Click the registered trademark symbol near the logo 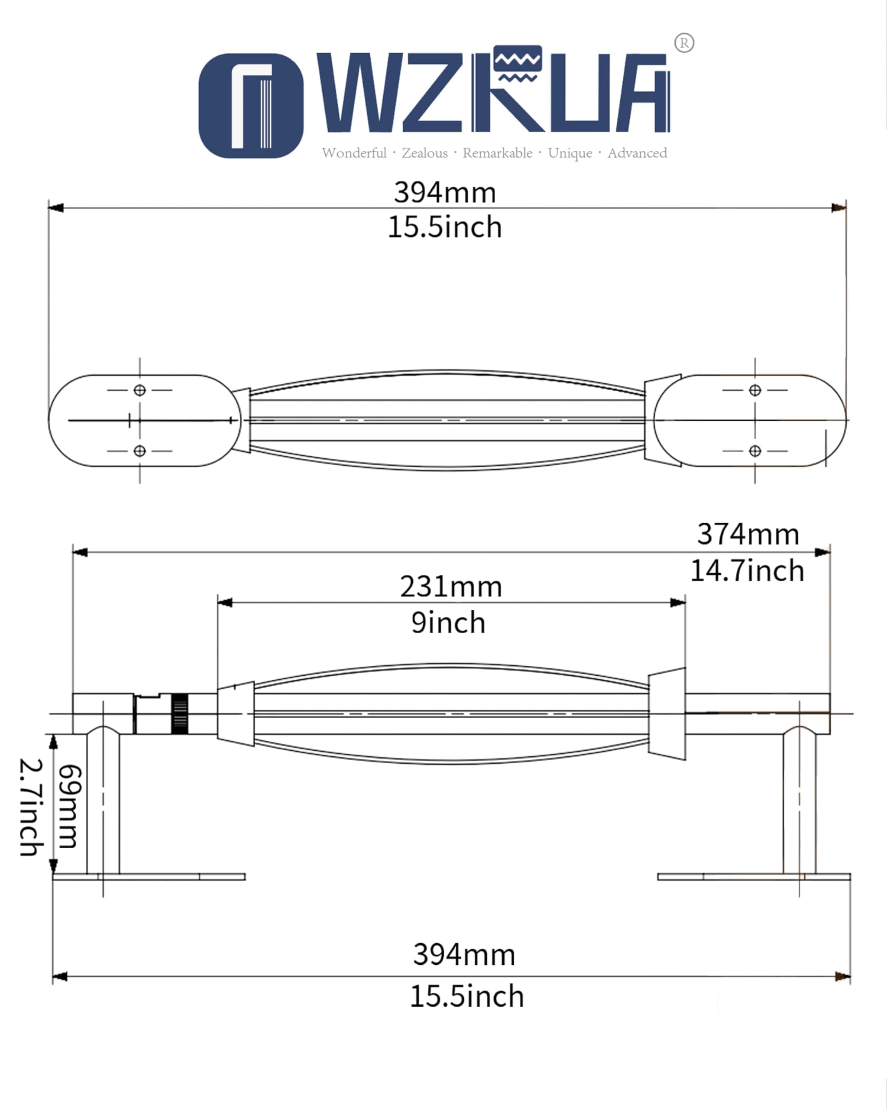tap(684, 43)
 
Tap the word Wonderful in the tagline tap(354, 153)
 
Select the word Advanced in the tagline tap(637, 153)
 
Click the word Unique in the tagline tap(570, 153)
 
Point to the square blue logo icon tap(251, 105)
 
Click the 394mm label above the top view tap(445, 193)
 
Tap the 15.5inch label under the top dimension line tap(445, 227)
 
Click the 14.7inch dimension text tap(747, 571)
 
